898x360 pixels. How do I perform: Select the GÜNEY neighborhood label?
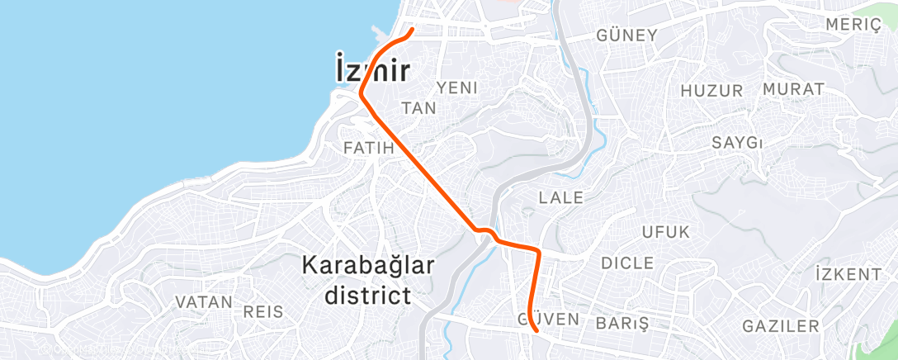click(626, 36)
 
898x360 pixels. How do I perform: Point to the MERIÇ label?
click(853, 24)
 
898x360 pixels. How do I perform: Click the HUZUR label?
click(711, 90)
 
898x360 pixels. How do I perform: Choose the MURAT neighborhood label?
click(793, 89)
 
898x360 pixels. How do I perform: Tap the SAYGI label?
click(736, 143)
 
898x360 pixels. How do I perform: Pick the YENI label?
click(457, 88)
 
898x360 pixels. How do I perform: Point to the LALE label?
click(560, 198)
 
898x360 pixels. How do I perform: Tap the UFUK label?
click(665, 232)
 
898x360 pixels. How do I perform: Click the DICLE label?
click(627, 263)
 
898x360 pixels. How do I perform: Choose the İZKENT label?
click(848, 274)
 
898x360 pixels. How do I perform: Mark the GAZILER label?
click(780, 326)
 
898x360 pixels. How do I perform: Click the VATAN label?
click(203, 302)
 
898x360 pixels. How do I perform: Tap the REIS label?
click(263, 312)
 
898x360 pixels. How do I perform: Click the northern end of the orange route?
click(412, 31)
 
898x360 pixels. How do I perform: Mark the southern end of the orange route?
click(537, 331)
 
